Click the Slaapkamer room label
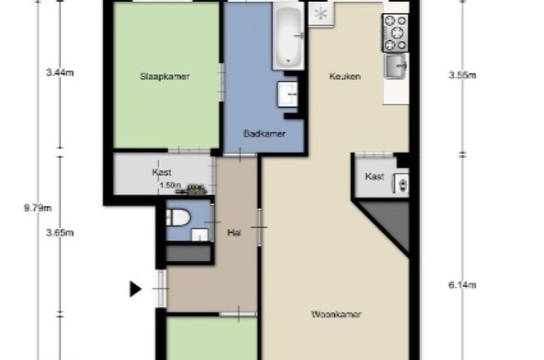point(165,77)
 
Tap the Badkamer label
point(265,134)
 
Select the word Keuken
point(345,76)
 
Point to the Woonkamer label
point(336,314)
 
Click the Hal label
point(234,233)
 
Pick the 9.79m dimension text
point(37,209)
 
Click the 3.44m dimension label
point(60,73)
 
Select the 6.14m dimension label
point(462,285)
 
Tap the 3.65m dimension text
point(60,233)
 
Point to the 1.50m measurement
point(170,185)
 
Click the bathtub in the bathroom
point(288,36)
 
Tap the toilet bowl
point(178,218)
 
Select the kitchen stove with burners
point(395,33)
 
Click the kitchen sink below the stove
point(396,66)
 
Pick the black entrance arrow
point(136,289)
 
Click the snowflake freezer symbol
point(321,14)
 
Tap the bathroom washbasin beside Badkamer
point(288,94)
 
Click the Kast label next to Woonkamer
point(375,176)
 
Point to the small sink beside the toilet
point(200,234)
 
